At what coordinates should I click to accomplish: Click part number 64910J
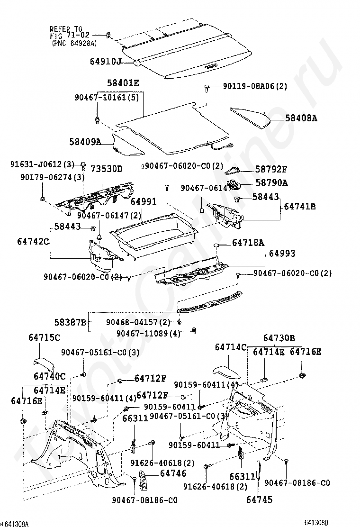(x=106, y=62)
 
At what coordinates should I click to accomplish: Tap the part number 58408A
(x=301, y=118)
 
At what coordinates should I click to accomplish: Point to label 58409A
(x=86, y=141)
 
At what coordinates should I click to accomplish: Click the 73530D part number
(x=107, y=169)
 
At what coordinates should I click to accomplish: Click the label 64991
(x=144, y=202)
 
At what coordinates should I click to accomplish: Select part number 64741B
(x=300, y=207)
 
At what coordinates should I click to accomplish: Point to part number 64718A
(x=248, y=243)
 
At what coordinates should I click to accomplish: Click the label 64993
(x=282, y=254)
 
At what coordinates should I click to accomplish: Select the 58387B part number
(x=71, y=323)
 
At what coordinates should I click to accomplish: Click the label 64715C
(x=44, y=338)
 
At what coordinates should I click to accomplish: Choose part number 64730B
(x=279, y=338)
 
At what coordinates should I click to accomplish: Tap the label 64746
(x=173, y=473)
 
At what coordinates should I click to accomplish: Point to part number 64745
(x=260, y=499)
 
